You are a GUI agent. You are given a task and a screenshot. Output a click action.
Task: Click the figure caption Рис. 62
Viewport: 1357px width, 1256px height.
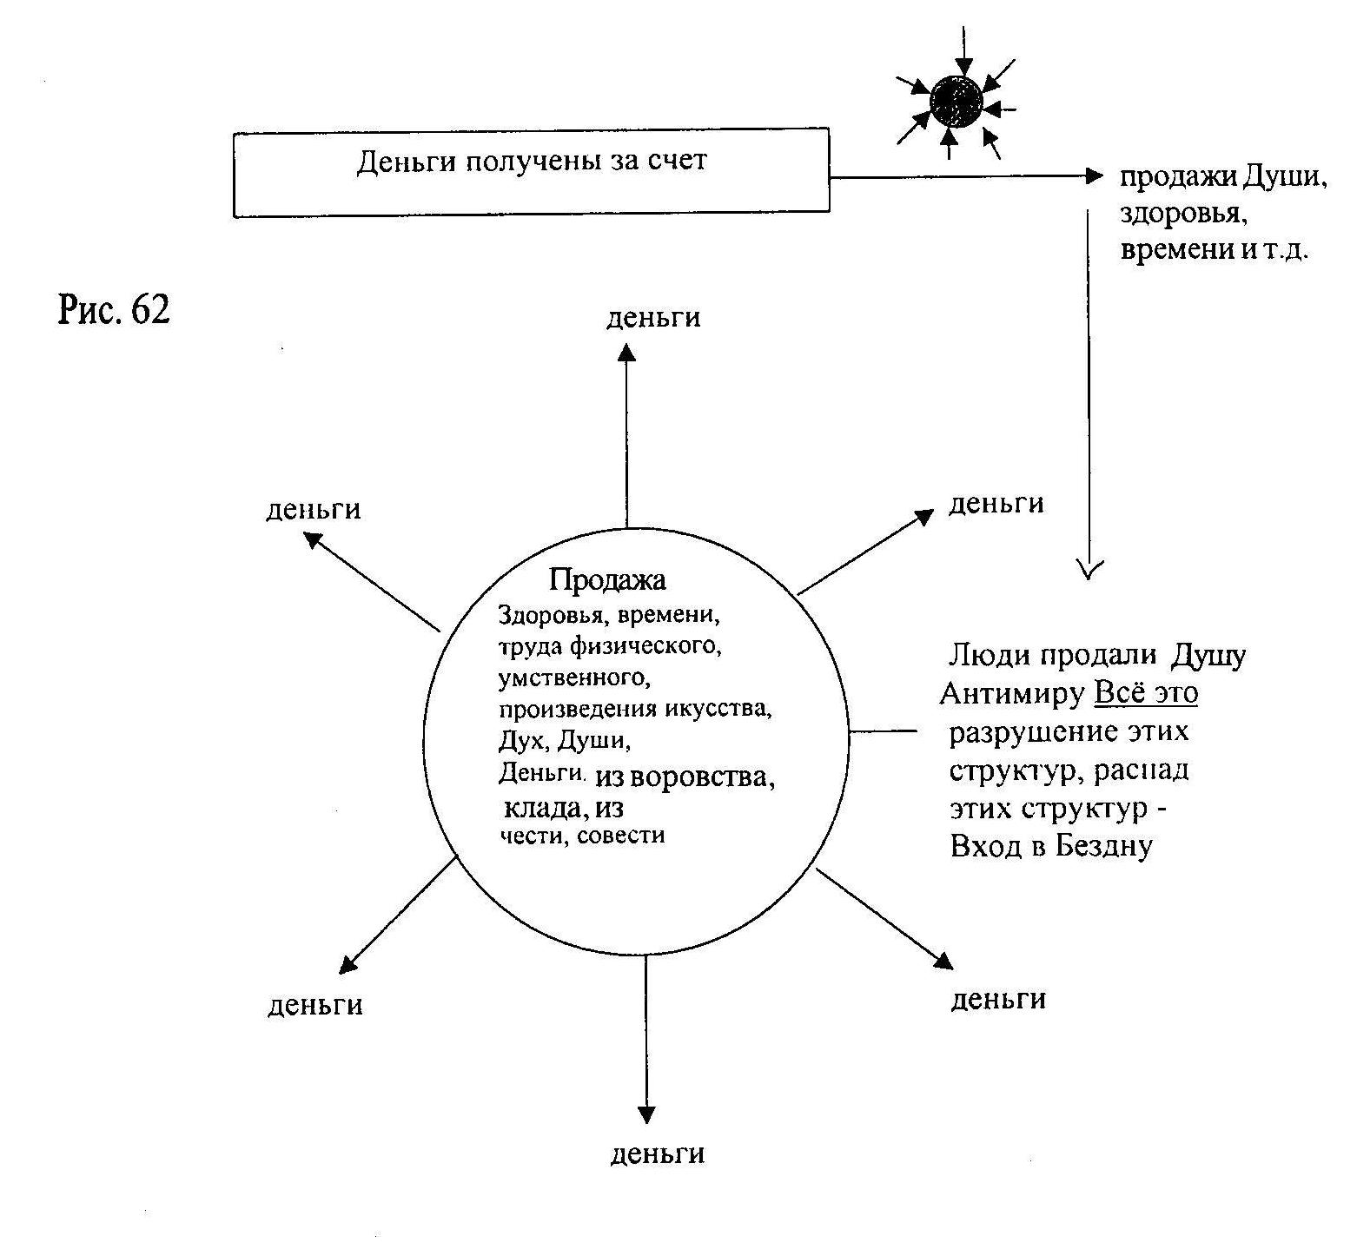click(x=114, y=309)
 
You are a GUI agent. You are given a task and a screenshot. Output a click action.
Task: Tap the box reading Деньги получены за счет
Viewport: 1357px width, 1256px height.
click(x=531, y=172)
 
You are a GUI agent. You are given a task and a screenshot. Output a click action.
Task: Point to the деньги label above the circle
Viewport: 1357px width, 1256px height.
click(x=653, y=318)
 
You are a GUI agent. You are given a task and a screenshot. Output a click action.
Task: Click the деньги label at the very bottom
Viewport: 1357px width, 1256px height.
click(x=658, y=1154)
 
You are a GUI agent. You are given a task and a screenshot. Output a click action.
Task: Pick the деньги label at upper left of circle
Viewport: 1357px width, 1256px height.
click(x=313, y=509)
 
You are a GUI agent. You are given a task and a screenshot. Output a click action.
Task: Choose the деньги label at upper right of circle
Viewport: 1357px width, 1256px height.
click(x=996, y=504)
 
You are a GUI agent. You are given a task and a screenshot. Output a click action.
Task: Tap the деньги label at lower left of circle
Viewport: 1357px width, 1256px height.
click(x=314, y=1005)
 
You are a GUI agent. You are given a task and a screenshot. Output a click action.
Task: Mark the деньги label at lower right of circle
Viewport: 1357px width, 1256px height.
click(x=998, y=999)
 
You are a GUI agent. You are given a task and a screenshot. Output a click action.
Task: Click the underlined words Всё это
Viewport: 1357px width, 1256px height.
click(x=1146, y=693)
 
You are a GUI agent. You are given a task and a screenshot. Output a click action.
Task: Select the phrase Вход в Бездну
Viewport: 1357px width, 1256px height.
click(x=1051, y=846)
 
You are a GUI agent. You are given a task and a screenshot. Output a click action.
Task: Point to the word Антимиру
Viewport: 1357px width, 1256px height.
click(x=1012, y=694)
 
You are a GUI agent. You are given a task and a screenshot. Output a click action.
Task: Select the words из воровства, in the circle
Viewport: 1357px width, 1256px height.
click(x=685, y=777)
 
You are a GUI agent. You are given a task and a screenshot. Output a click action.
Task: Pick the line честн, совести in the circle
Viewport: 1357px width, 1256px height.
click(x=582, y=836)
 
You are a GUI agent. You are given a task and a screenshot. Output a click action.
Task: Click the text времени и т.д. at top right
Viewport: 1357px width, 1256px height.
click(x=1215, y=250)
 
